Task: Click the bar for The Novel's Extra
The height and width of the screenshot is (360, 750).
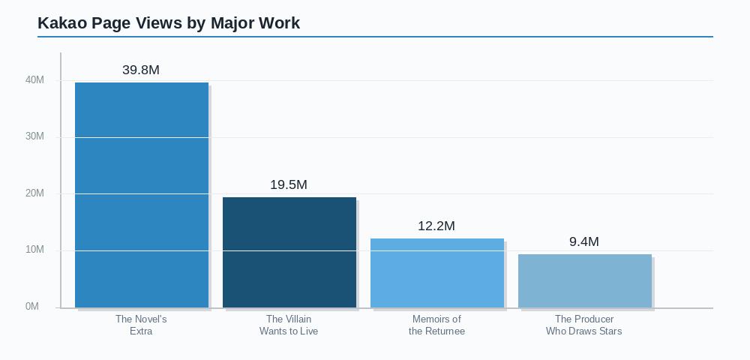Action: point(142,195)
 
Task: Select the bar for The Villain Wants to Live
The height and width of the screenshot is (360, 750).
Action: point(289,252)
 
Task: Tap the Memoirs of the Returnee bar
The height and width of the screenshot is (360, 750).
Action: point(437,273)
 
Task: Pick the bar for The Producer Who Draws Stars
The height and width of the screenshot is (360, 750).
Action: point(585,280)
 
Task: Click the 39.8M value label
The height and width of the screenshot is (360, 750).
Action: point(141,70)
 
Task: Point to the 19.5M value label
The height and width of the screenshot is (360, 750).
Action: point(289,185)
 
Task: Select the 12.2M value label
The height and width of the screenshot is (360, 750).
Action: point(436,226)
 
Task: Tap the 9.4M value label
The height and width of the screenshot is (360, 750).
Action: point(584,242)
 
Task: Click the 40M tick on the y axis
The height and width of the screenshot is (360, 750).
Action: point(34,80)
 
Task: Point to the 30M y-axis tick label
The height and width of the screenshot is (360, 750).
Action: point(34,136)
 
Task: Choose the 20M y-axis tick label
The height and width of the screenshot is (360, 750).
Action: point(34,193)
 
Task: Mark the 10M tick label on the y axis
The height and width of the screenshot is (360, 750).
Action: point(34,250)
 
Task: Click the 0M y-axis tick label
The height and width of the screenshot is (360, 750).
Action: point(32,307)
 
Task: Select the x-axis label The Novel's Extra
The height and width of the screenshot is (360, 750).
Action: point(141,325)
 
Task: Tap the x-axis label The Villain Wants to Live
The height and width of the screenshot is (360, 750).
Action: point(289,325)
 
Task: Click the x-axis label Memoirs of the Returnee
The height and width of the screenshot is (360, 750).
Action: point(436,325)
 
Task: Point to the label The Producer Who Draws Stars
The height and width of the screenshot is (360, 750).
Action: point(584,325)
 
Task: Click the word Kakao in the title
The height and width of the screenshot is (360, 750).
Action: point(62,23)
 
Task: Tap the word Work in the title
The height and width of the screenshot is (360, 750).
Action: point(279,23)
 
